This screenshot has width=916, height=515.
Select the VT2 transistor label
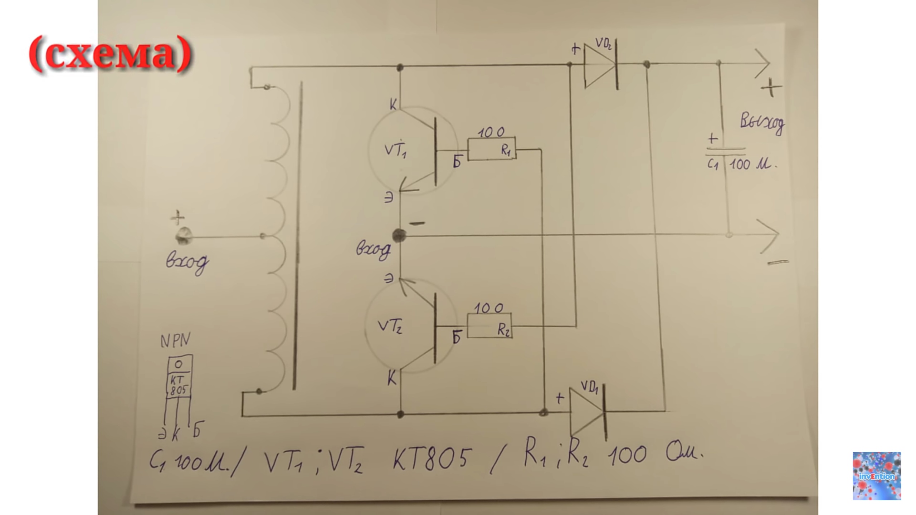pyautogui.click(x=390, y=327)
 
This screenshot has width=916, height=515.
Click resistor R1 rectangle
pyautogui.click(x=492, y=149)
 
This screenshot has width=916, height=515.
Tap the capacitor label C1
pyautogui.click(x=712, y=165)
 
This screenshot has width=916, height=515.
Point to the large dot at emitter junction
pyautogui.click(x=399, y=236)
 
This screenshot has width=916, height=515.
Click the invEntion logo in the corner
pyautogui.click(x=876, y=475)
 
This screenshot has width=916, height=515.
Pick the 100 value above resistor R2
pyautogui.click(x=488, y=308)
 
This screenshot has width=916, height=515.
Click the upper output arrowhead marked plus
pyautogui.click(x=762, y=64)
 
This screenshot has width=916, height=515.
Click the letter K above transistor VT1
pyautogui.click(x=393, y=105)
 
